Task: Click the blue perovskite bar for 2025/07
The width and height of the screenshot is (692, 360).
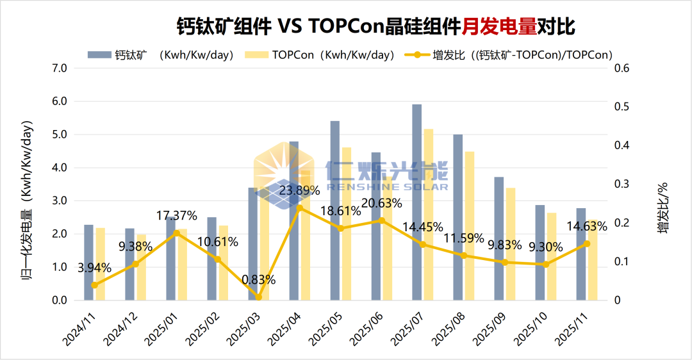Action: [x=416, y=202]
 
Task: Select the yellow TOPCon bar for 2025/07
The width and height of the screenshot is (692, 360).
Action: [x=429, y=215]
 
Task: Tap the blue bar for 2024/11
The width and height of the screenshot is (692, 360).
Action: [x=88, y=263]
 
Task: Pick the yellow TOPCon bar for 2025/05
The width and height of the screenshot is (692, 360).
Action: [x=347, y=224]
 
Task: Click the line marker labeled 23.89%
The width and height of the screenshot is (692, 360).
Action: [x=299, y=208]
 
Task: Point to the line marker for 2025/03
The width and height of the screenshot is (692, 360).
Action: [x=259, y=297]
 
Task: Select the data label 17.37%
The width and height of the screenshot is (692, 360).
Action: [x=177, y=215]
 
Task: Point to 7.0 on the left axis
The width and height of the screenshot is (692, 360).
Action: [x=59, y=68]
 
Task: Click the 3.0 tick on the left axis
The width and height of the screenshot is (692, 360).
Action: [x=59, y=200]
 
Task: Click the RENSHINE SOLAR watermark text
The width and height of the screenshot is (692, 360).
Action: [x=387, y=186]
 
